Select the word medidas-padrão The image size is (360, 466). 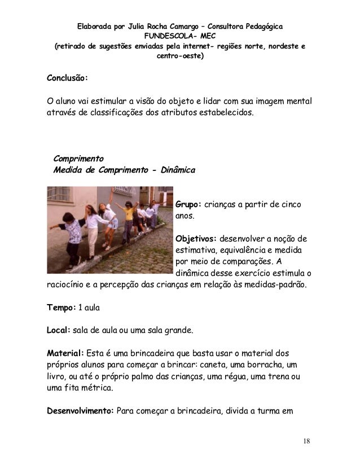tap(274, 284)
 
